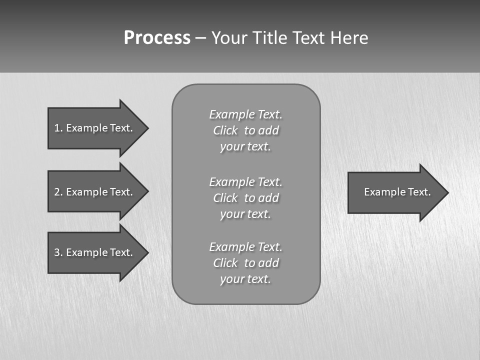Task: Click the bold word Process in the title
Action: [x=157, y=38]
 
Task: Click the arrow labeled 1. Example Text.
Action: [x=95, y=128]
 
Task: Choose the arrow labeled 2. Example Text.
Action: [x=95, y=192]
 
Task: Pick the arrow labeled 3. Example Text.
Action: [x=95, y=252]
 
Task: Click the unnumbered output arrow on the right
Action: [x=395, y=192]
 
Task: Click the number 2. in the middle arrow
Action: [x=58, y=192]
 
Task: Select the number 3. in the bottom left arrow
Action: [x=58, y=252]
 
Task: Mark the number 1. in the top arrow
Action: [x=58, y=128]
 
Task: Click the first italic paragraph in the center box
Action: [x=245, y=130]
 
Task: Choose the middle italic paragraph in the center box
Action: [x=245, y=198]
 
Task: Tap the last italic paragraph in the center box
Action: [x=245, y=263]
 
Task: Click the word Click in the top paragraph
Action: [x=225, y=131]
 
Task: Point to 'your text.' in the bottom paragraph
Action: [x=245, y=279]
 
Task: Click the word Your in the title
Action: [x=230, y=38]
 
